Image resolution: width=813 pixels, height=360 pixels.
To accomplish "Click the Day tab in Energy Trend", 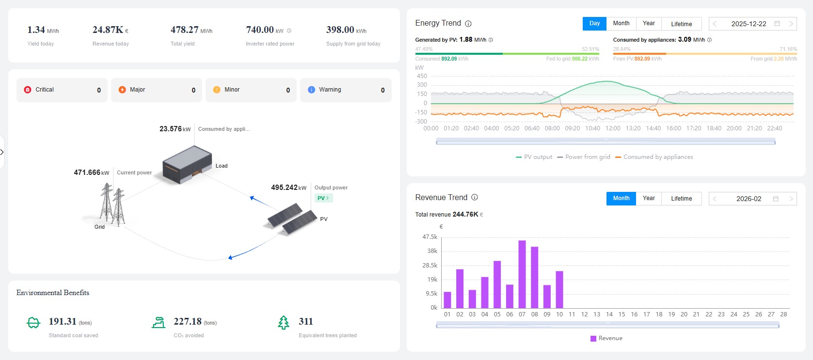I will (594, 24).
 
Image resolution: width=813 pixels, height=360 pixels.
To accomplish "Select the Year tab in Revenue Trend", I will (649, 198).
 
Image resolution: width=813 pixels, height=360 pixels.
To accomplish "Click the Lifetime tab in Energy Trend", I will (681, 24).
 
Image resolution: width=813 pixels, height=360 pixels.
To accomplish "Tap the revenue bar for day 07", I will (522, 274).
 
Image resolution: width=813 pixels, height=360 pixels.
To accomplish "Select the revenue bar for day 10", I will (559, 290).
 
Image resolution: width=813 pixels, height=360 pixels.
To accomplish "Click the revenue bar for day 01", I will (447, 300).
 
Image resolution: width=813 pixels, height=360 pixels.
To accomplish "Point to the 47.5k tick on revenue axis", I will (430, 237).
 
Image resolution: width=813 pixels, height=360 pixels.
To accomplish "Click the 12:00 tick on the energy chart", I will (613, 128).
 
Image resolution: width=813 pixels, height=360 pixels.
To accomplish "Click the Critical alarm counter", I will (62, 90).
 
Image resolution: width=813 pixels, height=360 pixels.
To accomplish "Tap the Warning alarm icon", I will (311, 90).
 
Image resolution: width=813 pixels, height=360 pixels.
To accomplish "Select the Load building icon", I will (187, 165).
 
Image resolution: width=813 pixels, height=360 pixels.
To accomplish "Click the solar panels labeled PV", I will (292, 219).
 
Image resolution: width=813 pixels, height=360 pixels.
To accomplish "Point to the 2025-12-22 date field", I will (749, 24).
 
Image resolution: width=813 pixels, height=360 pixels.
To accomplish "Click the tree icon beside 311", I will (284, 322).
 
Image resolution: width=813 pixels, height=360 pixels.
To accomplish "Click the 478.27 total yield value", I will (184, 30).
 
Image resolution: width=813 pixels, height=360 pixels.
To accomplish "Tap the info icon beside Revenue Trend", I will (475, 197).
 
